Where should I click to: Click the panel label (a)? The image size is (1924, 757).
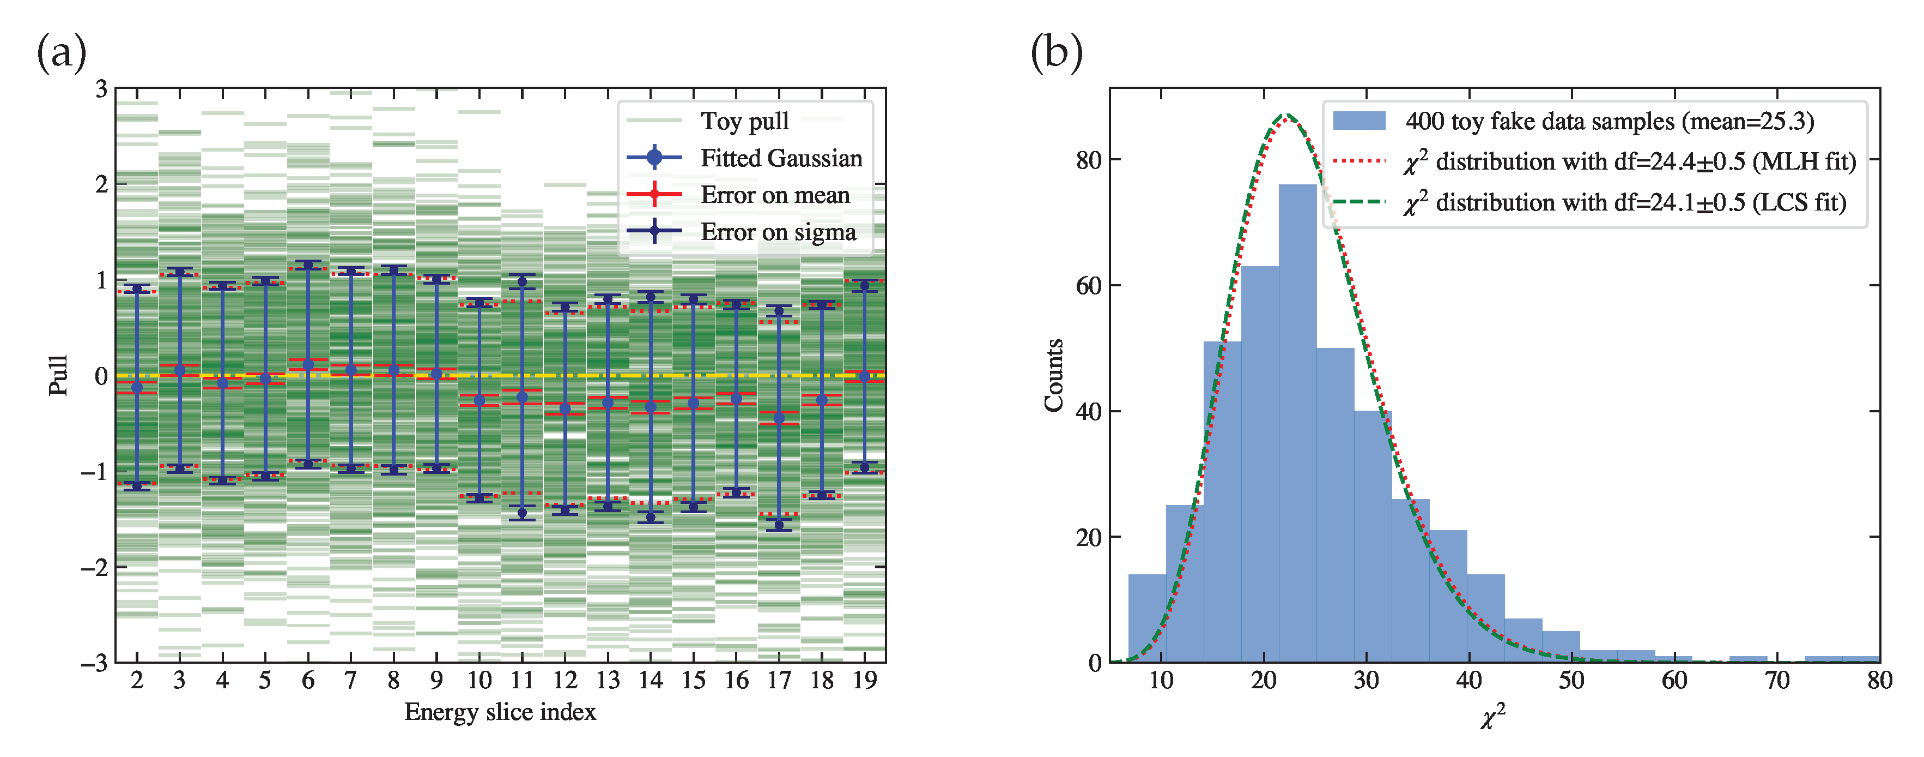coord(61,54)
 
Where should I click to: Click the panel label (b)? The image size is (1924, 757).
coord(1056,54)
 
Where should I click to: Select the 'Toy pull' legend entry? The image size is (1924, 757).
coord(744,121)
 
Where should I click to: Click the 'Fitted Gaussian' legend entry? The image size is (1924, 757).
coord(780,158)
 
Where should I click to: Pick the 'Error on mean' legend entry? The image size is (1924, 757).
coord(774,195)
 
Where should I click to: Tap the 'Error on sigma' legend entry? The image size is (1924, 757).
coord(778,232)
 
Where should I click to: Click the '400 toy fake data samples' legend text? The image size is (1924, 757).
coord(1609,121)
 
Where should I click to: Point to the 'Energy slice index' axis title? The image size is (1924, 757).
coord(500,712)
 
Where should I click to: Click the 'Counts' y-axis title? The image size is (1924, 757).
coord(1054,375)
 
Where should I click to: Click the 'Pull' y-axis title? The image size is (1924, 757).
coord(58,375)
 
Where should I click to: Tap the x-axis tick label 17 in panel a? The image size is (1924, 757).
coord(779,681)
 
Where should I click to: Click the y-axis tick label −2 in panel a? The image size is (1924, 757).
coord(94,568)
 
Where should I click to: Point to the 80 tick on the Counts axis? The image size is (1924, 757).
coord(1088,160)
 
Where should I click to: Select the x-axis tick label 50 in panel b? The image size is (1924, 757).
coord(1571,681)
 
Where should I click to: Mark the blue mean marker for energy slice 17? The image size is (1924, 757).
coord(779,418)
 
